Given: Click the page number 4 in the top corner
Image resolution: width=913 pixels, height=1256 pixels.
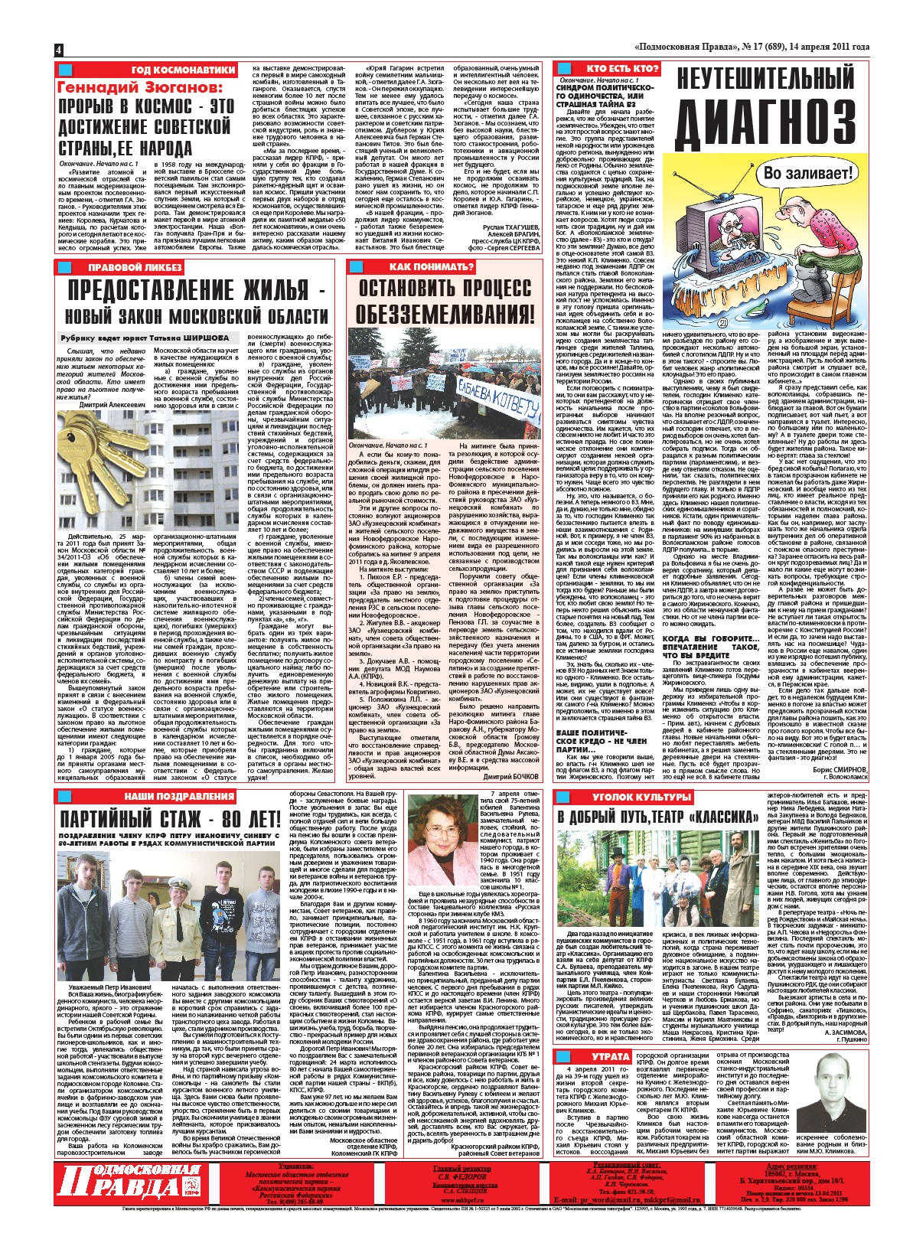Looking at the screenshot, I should pos(58,49).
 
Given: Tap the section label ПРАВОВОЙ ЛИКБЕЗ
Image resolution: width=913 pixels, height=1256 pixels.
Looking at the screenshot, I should pos(135,267).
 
